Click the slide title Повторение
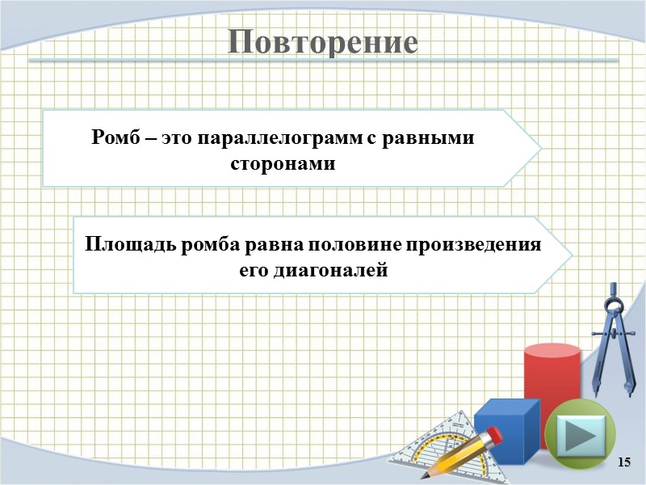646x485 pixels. [x=323, y=42]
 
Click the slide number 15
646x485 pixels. [x=623, y=462]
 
